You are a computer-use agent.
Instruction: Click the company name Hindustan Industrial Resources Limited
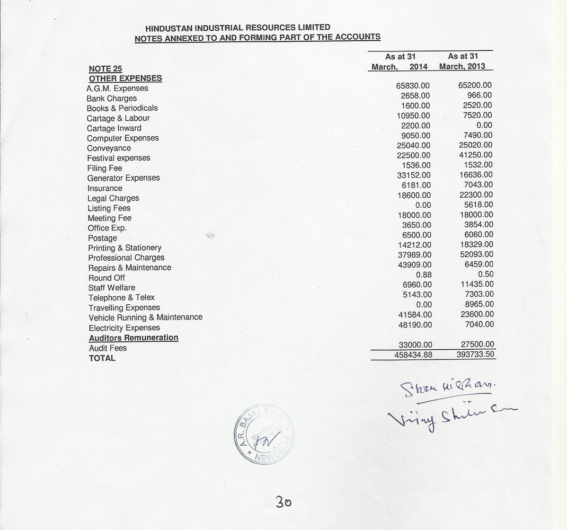tap(238, 28)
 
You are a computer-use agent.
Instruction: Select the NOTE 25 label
tap(105, 68)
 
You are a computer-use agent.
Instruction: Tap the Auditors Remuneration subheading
tap(134, 338)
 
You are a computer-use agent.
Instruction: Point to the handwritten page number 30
tap(284, 501)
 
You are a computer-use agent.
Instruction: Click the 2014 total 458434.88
tap(414, 355)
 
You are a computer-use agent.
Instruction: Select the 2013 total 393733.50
tap(475, 354)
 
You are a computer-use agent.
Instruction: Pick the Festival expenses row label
tap(119, 158)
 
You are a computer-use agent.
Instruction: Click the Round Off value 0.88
tap(424, 275)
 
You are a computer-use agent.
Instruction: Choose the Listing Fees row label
tap(109, 208)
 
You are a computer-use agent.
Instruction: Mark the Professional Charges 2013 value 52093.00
tap(476, 254)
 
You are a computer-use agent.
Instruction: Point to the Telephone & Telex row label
tap(121, 297)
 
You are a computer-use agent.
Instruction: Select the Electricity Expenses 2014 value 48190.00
tap(414, 324)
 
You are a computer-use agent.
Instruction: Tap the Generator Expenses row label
tap(123, 178)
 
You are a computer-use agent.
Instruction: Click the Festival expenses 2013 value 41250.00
tap(475, 155)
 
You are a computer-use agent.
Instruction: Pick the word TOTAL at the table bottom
tap(102, 358)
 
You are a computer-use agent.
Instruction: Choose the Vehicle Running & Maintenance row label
tap(146, 317)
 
